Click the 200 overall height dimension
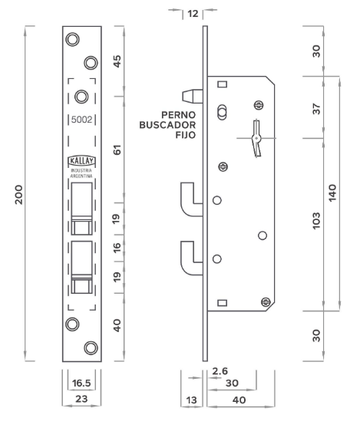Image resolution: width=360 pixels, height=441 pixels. point(19,195)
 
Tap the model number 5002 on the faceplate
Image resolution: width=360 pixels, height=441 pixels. point(81,120)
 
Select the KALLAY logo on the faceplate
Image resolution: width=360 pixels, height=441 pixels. point(81,160)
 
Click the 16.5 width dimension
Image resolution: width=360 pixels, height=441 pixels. point(81,383)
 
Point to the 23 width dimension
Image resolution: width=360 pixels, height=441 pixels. point(81,399)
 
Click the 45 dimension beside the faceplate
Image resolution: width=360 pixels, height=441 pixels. point(117,61)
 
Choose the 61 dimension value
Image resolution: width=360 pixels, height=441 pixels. point(117,150)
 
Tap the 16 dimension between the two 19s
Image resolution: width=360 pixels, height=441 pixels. point(117,248)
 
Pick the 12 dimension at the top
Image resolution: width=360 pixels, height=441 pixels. point(193,14)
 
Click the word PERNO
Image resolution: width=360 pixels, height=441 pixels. point(178,115)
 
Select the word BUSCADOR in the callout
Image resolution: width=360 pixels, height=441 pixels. point(167,125)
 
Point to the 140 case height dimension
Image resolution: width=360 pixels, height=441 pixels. point(332,193)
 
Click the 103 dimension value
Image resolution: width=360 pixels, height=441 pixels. point(317,221)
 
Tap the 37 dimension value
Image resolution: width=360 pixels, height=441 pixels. point(317,109)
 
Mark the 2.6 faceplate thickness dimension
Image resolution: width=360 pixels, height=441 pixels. point(220,371)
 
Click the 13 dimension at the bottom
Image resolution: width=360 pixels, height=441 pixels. point(192,400)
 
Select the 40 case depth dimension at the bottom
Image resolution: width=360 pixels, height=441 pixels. point(239,400)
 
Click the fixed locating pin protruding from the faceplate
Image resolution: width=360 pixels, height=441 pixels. point(193,96)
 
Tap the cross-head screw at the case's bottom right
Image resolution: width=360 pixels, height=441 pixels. point(266,302)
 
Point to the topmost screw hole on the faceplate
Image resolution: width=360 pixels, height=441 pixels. point(72,39)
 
